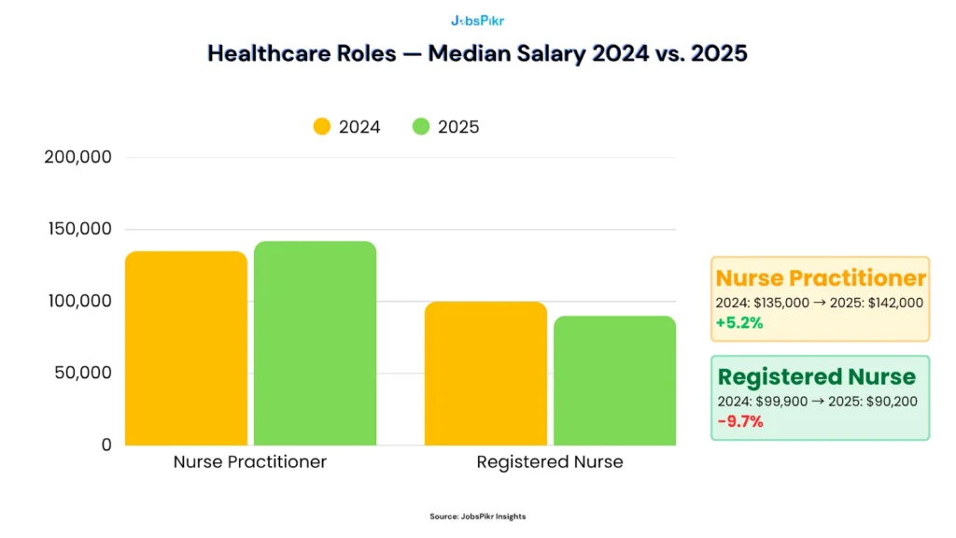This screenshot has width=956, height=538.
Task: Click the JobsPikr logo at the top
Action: [477, 20]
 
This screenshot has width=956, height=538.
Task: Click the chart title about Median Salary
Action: [477, 53]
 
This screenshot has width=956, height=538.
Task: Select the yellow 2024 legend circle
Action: [322, 126]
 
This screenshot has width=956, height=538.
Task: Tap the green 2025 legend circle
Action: [421, 126]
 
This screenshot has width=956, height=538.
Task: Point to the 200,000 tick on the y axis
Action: [78, 157]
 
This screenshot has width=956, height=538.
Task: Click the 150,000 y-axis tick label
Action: [78, 229]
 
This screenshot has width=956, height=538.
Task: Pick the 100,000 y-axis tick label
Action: [78, 301]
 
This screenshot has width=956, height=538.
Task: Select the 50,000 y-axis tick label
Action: [82, 373]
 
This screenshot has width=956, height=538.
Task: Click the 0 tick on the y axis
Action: [106, 446]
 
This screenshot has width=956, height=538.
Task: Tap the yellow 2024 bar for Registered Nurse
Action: [485, 374]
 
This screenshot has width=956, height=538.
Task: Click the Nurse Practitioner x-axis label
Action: [250, 462]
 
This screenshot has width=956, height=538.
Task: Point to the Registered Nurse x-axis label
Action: [549, 462]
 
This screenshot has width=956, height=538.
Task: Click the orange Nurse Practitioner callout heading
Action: [820, 277]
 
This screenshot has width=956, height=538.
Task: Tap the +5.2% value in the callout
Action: [739, 322]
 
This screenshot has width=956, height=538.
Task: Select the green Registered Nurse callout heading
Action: [816, 376]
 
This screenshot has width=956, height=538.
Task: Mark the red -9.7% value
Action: [739, 421]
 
